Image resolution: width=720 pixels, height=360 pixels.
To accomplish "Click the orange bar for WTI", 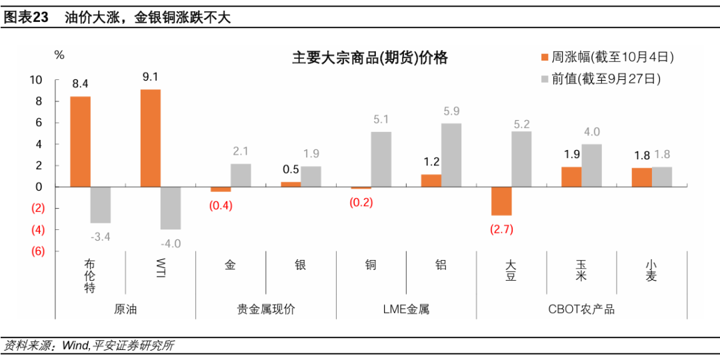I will point(151,138).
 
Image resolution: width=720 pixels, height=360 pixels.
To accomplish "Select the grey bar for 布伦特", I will point(101,205).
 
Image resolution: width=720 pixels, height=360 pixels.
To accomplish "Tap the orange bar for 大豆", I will point(501,201).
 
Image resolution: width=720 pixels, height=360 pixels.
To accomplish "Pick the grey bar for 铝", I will point(451,155).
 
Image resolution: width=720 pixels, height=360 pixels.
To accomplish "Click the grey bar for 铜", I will point(381,159).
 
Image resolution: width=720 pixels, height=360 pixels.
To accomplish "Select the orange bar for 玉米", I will point(571,177).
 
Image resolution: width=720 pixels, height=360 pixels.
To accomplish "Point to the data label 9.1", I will point(151,77).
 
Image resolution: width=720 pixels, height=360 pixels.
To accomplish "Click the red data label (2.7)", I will point(501,229).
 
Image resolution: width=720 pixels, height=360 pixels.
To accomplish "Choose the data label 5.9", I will point(451,111).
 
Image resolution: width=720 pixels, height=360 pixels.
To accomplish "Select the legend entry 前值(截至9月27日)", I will point(604,79).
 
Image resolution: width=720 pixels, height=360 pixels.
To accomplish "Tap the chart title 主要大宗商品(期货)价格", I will point(370,58).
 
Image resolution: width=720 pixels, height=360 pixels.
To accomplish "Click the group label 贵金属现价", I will point(266,309).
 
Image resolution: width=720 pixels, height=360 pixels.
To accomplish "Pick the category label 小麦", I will point(651,271).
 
